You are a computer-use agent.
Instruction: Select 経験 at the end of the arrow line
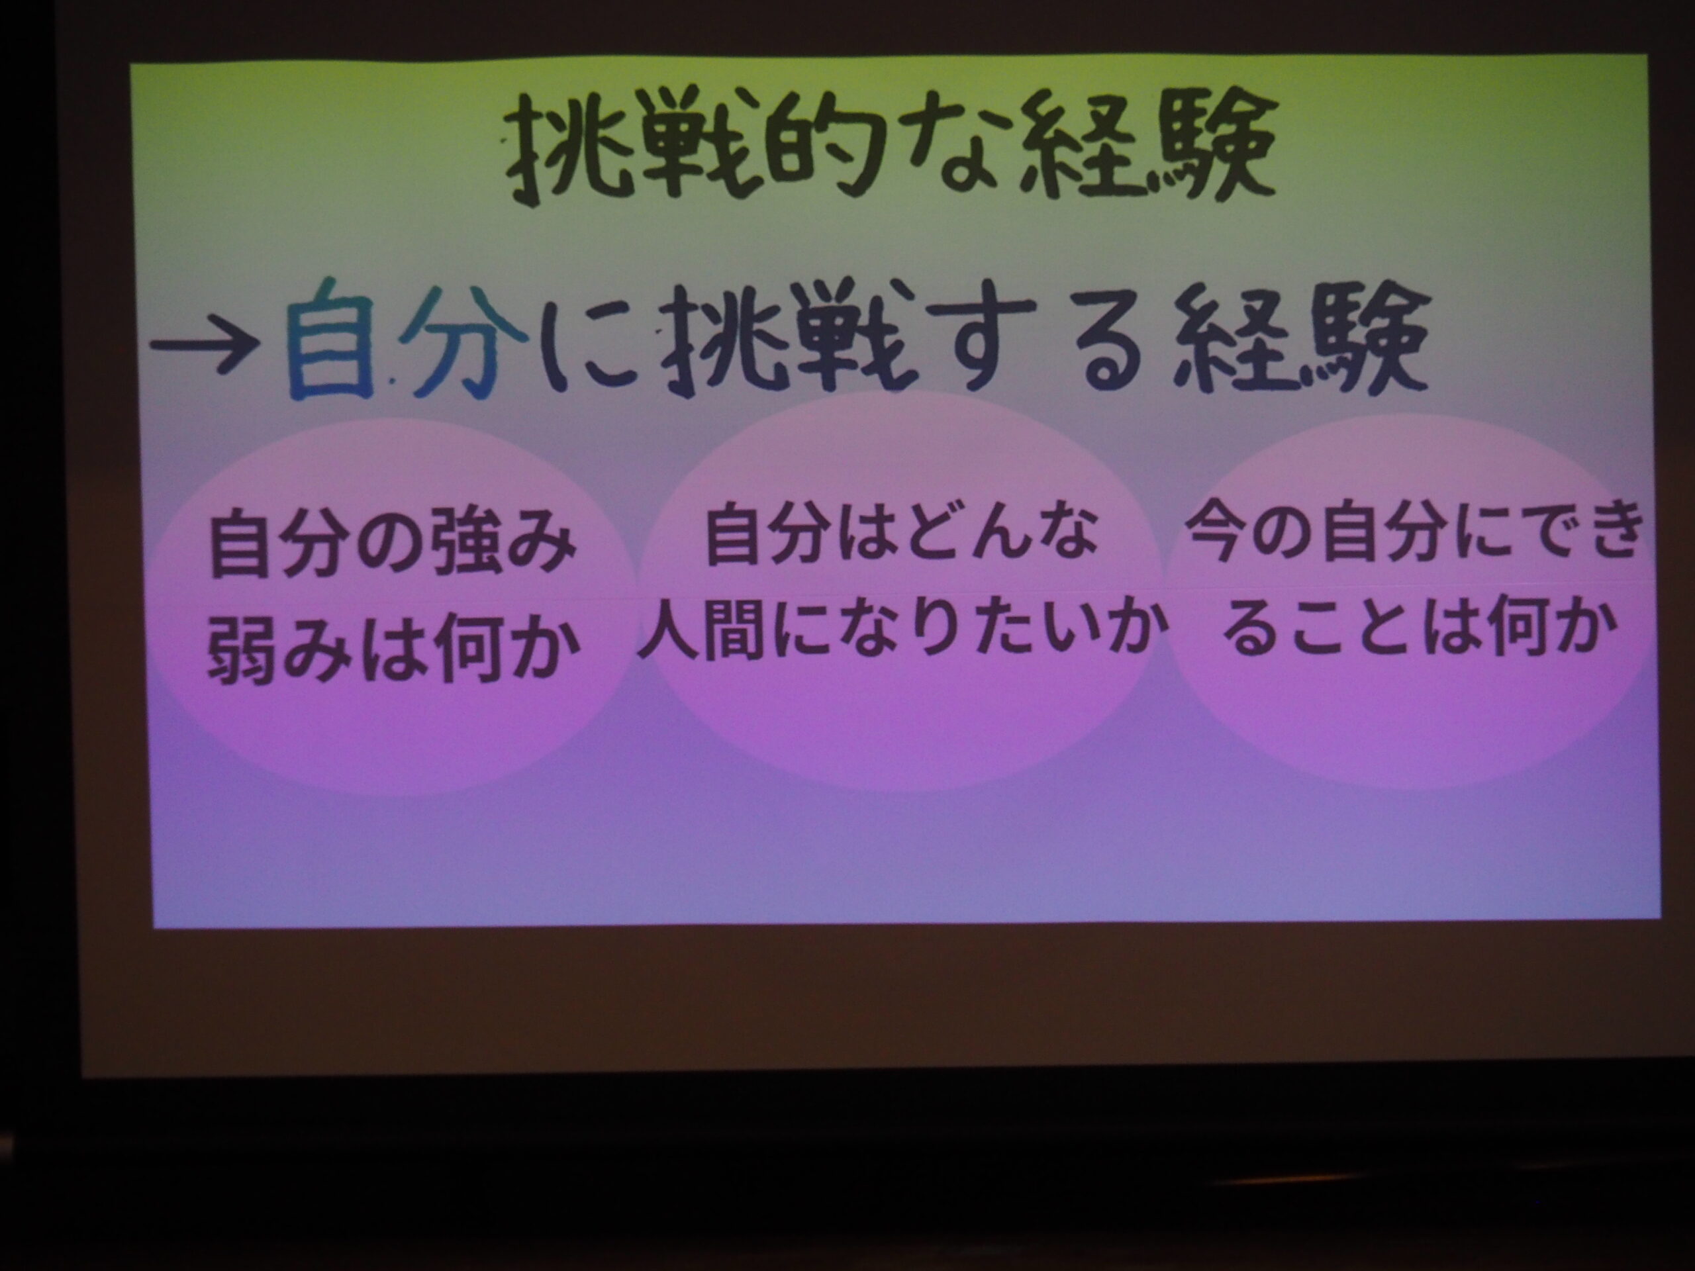tap(1298, 340)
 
